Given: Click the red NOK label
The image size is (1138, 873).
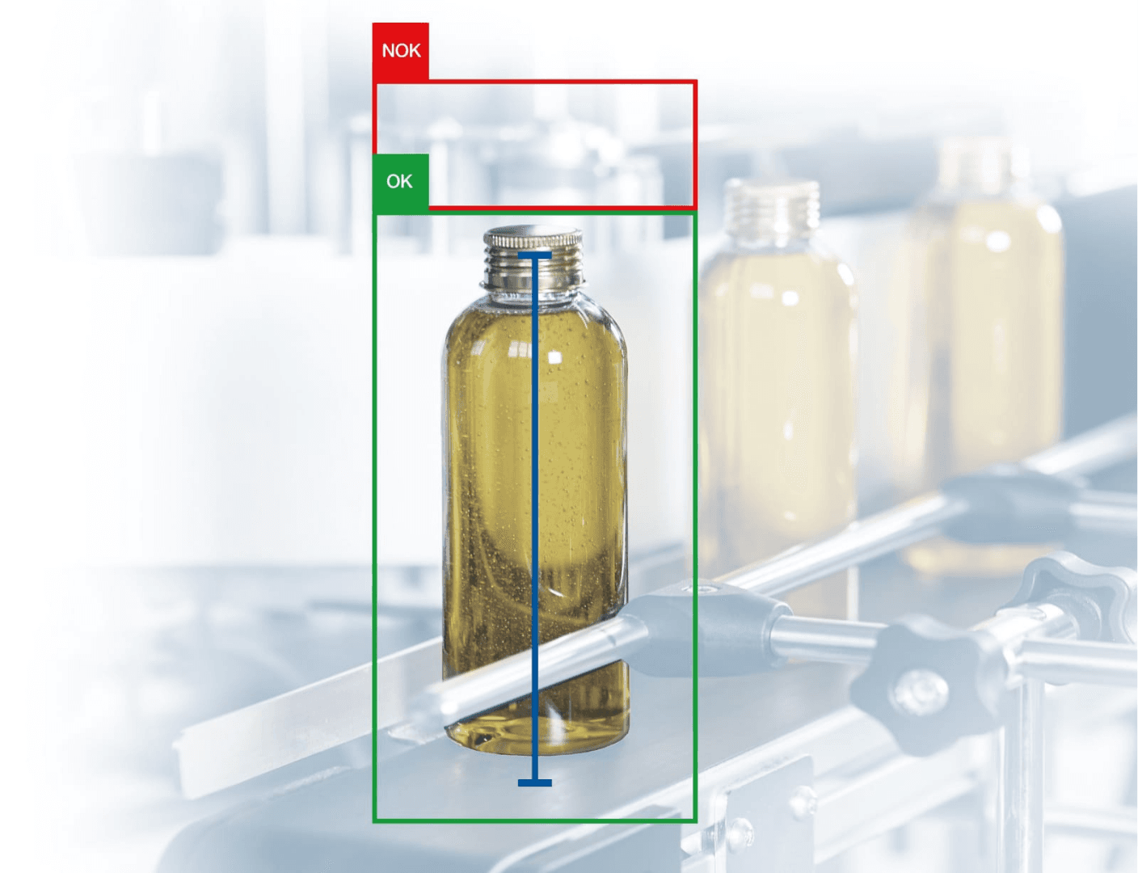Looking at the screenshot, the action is pos(401,51).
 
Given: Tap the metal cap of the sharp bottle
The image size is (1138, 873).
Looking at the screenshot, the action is pos(533,237).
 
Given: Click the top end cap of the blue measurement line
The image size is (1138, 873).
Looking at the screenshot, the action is pos(535,255).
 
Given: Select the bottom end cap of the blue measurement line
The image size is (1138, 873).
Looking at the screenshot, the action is pos(535,783).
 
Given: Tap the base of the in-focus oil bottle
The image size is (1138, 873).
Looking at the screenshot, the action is pos(535,738).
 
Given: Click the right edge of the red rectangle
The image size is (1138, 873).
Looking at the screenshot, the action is pos(695,144).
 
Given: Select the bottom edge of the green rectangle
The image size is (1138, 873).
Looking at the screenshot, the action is pos(535,820).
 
